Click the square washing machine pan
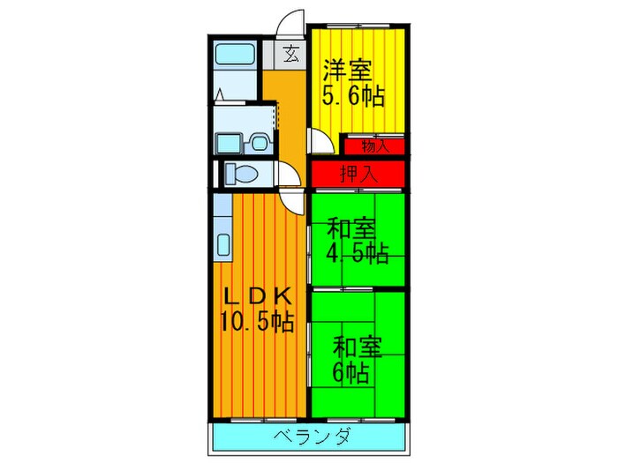tap(230, 141)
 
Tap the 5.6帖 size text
tap(353, 94)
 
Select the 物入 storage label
tap(374, 146)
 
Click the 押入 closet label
tap(358, 173)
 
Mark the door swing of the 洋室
tap(320, 141)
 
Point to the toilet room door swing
tap(289, 176)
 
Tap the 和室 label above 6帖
tap(357, 346)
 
